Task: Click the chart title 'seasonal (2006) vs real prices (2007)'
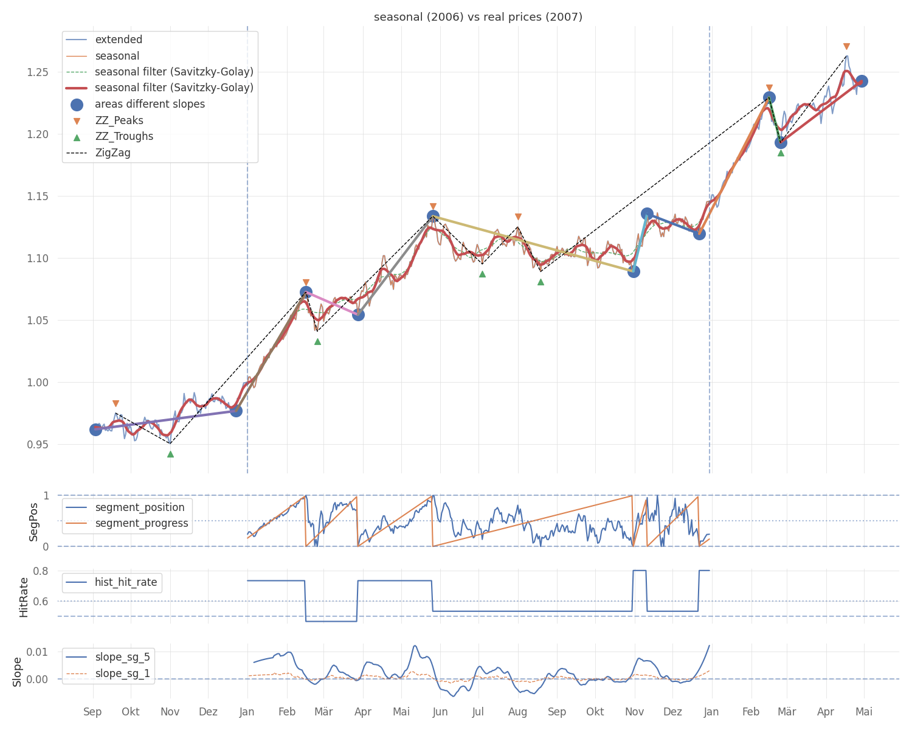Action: pyautogui.click(x=478, y=17)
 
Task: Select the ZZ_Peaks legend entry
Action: pyautogui.click(x=119, y=120)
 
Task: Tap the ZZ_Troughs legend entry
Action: pyautogui.click(x=124, y=136)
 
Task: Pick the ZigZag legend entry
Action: pyautogui.click(x=112, y=153)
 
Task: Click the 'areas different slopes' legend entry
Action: pyautogui.click(x=150, y=104)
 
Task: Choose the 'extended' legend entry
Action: pyautogui.click(x=119, y=40)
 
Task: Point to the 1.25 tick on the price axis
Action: pyautogui.click(x=39, y=72)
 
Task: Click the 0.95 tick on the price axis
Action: pyautogui.click(x=39, y=445)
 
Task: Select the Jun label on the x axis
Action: pyautogui.click(x=440, y=712)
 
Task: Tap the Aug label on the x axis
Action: pyautogui.click(x=518, y=712)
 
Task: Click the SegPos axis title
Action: pyautogui.click(x=34, y=521)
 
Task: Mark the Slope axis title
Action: pyautogui.click(x=18, y=672)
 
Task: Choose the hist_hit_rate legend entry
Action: pyautogui.click(x=126, y=582)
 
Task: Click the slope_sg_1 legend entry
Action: pyautogui.click(x=122, y=673)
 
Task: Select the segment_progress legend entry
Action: pyautogui.click(x=142, y=523)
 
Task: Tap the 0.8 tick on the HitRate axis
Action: pyautogui.click(x=41, y=571)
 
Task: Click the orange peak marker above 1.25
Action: pyautogui.click(x=846, y=47)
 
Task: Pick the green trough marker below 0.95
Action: pyautogui.click(x=170, y=454)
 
